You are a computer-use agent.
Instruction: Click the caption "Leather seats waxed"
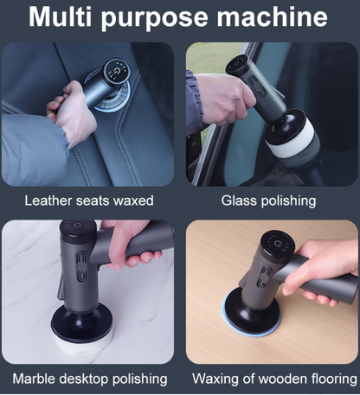click(89, 201)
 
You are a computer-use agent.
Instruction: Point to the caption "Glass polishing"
click(268, 201)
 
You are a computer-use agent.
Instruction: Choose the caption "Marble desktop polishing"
click(90, 379)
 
